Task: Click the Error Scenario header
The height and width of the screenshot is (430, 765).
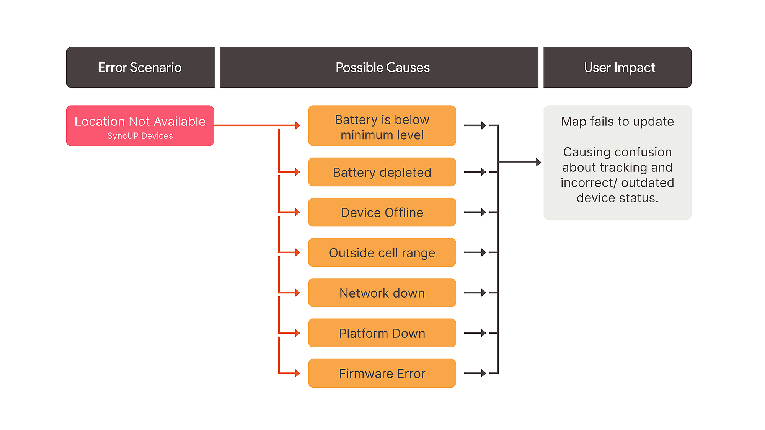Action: (x=140, y=67)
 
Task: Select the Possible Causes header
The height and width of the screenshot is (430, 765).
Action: (x=379, y=67)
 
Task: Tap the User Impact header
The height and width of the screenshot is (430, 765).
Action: (x=617, y=67)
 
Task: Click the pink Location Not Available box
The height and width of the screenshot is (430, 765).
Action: (x=140, y=125)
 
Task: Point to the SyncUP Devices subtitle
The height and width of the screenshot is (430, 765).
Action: (x=140, y=136)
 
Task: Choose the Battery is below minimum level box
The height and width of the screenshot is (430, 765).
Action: (x=382, y=125)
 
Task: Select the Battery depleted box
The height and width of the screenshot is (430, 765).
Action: (x=382, y=172)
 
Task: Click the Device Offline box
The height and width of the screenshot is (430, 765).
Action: (x=382, y=212)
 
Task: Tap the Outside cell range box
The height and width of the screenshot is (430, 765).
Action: (x=382, y=252)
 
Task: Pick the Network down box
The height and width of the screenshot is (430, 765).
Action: (x=382, y=293)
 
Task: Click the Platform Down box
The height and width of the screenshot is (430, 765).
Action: (x=382, y=333)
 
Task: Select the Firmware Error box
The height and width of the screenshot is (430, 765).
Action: (x=382, y=373)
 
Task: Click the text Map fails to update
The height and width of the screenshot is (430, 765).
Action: (x=617, y=121)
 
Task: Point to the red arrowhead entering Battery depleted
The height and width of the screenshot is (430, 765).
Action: (x=298, y=172)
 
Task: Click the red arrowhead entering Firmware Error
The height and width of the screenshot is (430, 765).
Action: (x=298, y=373)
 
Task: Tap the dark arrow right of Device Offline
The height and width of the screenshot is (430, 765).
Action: (x=475, y=212)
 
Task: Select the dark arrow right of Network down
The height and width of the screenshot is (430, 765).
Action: (x=475, y=293)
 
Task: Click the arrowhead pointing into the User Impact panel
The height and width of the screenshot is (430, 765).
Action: (x=539, y=162)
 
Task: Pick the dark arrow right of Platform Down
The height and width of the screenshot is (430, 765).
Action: (x=475, y=333)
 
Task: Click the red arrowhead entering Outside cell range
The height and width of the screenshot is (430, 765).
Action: (x=298, y=252)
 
